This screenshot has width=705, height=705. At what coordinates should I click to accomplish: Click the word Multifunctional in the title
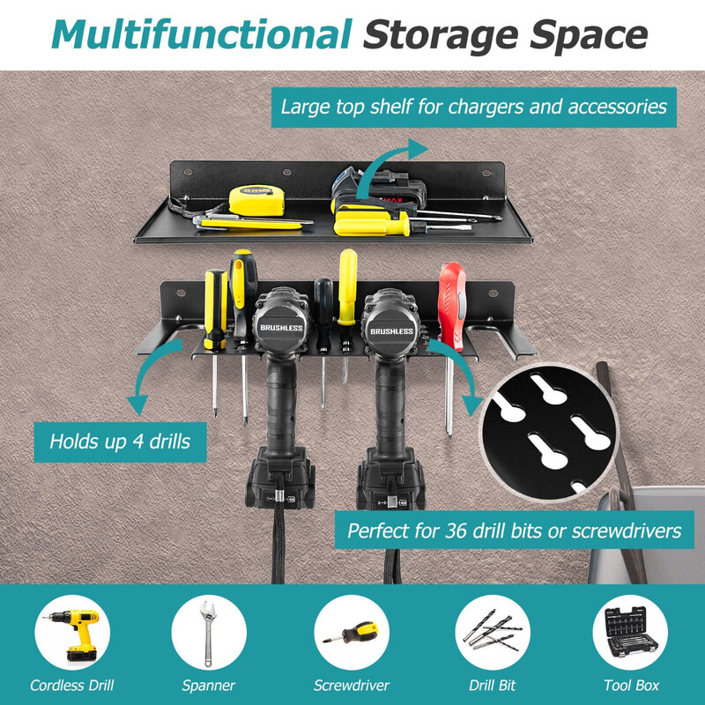(x=202, y=34)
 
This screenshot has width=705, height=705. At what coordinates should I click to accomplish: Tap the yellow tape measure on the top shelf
(x=256, y=201)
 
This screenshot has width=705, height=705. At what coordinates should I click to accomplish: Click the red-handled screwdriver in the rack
(x=451, y=306)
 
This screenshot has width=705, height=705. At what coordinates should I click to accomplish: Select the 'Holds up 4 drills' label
(x=120, y=442)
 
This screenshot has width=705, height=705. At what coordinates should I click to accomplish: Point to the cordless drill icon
(x=72, y=633)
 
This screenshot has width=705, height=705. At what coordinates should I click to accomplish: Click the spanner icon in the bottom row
(x=209, y=633)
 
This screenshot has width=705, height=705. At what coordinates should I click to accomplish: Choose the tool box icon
(x=630, y=633)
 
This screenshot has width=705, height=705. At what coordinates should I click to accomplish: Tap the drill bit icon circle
(x=493, y=633)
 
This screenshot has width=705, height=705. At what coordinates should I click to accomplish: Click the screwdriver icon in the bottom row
(x=352, y=633)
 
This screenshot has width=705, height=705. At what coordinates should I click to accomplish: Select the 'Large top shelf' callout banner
(x=474, y=108)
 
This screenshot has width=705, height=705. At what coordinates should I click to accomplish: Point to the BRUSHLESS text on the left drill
(x=281, y=328)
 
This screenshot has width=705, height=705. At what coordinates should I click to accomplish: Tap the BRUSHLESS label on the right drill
(x=391, y=331)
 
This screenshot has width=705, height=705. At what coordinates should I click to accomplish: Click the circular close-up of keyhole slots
(x=548, y=433)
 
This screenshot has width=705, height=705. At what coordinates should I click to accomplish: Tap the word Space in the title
(x=589, y=35)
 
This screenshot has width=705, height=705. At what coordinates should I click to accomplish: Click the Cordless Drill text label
(x=72, y=686)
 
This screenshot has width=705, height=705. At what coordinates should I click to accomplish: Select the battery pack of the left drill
(x=279, y=479)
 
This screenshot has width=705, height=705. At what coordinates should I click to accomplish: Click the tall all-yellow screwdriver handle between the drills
(x=347, y=287)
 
